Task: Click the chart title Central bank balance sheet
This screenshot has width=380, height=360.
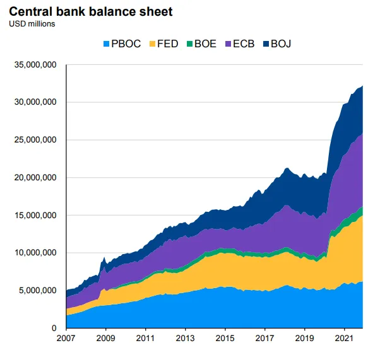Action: click(x=90, y=11)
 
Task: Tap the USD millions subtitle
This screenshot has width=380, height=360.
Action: click(x=32, y=24)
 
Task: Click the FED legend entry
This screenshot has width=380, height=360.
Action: click(x=167, y=44)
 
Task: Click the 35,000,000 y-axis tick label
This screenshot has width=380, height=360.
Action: click(x=35, y=64)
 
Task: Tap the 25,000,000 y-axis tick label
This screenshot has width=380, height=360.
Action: click(x=35, y=140)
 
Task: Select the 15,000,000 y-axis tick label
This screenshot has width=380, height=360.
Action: click(x=35, y=215)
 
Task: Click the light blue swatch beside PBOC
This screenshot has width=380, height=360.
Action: click(x=105, y=44)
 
